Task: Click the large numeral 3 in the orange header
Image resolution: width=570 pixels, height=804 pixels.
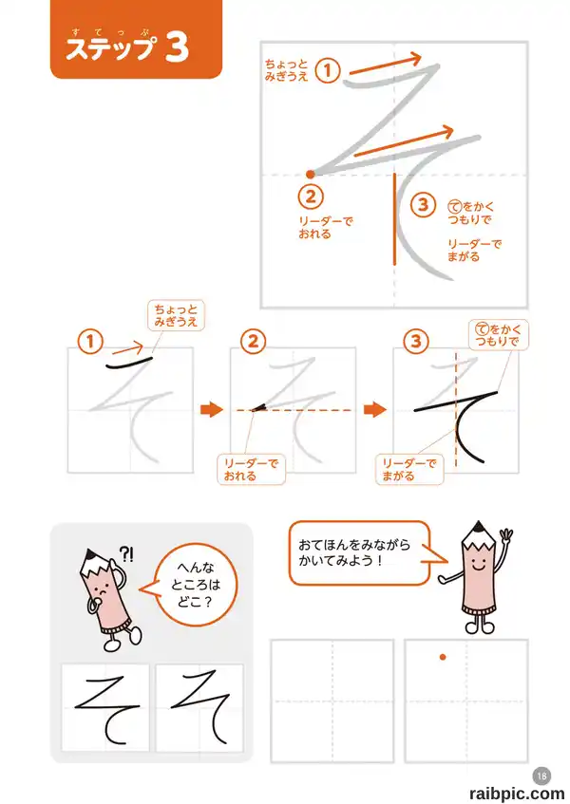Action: [x=178, y=47]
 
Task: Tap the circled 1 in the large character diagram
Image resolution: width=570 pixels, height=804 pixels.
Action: [x=328, y=70]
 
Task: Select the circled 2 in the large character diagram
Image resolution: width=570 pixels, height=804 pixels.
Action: [x=311, y=196]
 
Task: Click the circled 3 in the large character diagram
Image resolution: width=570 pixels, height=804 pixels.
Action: [x=424, y=205]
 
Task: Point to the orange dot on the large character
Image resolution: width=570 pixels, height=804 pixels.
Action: [x=310, y=175]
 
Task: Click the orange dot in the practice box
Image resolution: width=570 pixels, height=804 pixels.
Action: [x=443, y=657]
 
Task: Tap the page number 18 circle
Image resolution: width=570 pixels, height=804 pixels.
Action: [x=542, y=776]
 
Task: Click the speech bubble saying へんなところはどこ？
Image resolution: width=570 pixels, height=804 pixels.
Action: [x=195, y=585]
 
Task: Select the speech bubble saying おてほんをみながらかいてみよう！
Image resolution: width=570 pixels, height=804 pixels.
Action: [x=359, y=552]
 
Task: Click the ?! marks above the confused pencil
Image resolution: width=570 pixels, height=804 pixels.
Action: [x=126, y=553]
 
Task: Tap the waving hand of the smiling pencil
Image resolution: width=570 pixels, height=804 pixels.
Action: [x=505, y=538]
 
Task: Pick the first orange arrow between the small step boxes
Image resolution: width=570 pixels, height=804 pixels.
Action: [x=212, y=409]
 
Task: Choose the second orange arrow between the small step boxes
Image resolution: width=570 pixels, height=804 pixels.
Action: [x=375, y=409]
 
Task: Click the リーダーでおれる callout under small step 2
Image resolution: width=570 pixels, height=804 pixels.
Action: [x=251, y=469]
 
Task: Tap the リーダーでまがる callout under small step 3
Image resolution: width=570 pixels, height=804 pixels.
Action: [x=409, y=469]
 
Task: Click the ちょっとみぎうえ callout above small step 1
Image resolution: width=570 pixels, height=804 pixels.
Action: [x=176, y=315]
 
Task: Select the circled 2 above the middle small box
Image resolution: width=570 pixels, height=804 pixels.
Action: [x=254, y=342]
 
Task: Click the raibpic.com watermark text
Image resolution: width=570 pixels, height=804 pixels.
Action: [x=516, y=794]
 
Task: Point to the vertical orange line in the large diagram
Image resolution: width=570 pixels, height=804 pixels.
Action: [x=394, y=219]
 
